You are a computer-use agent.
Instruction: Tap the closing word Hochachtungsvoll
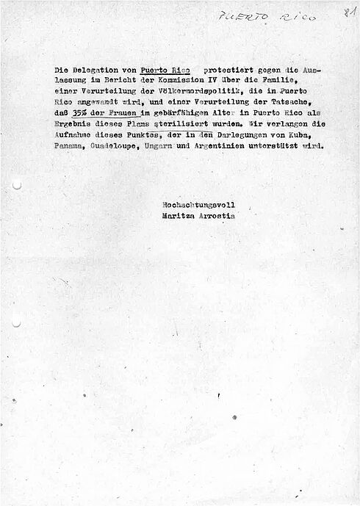[x=198, y=205]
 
